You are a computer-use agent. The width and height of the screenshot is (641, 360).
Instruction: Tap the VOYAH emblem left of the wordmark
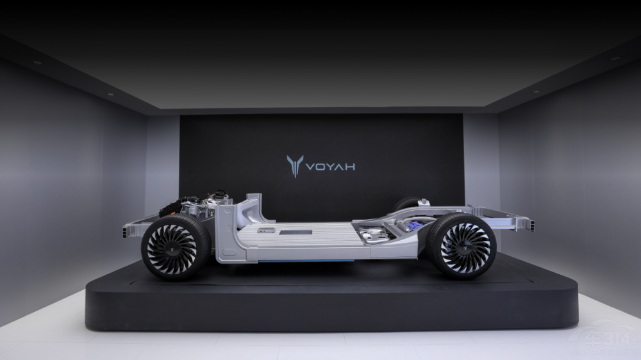pos(295,166)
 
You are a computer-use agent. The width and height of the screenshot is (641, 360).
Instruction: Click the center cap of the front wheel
pos(171,247)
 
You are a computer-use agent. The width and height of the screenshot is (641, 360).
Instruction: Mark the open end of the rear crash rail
pos(530,225)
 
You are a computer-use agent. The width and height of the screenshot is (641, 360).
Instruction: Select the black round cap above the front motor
pos(221,193)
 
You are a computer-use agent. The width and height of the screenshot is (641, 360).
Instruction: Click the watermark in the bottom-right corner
pos(612,341)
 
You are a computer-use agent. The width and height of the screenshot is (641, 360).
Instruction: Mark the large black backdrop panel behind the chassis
pos(320,141)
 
